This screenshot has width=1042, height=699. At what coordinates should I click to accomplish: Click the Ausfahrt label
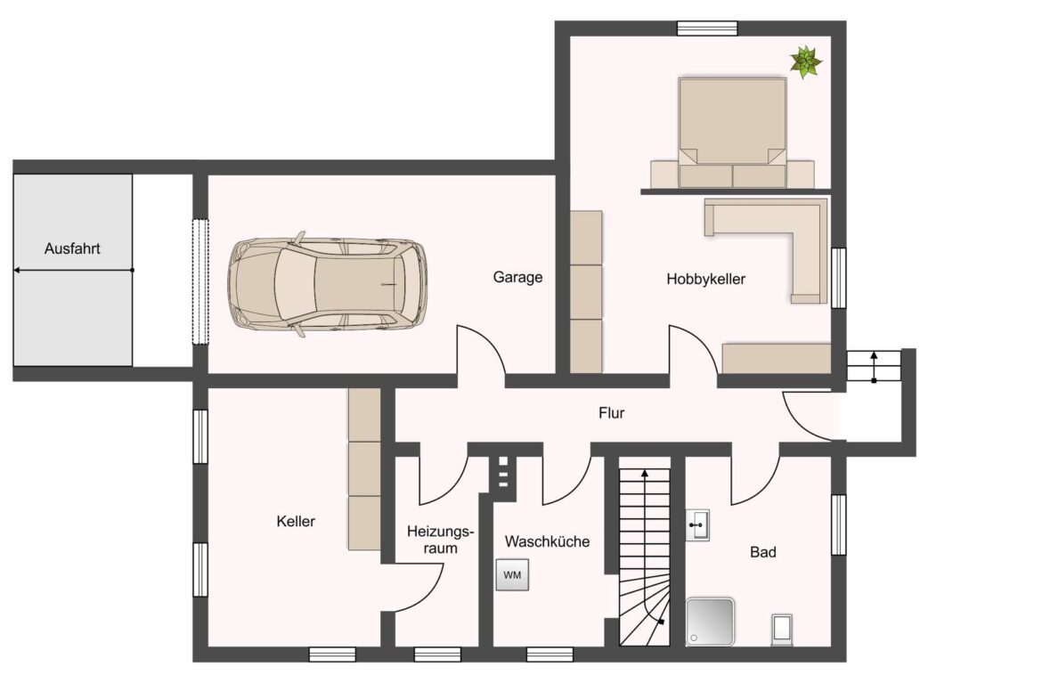[x=72, y=248]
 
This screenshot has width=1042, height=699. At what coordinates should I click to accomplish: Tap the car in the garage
[x=327, y=284]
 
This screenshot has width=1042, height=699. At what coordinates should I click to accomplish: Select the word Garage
[x=517, y=277]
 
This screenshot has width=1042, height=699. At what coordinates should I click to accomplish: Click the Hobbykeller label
[x=705, y=279]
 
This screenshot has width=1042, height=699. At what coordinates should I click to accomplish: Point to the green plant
[x=805, y=61]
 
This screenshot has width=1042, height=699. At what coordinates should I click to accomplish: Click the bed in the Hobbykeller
[x=732, y=132]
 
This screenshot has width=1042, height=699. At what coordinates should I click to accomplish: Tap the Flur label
[x=611, y=413]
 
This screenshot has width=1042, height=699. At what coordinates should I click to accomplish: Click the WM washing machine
[x=512, y=574]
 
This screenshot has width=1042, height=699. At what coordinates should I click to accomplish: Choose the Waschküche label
[x=547, y=541]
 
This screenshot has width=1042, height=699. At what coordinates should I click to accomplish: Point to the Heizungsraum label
[x=441, y=540]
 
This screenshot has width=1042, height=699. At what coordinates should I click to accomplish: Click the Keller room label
[x=296, y=522]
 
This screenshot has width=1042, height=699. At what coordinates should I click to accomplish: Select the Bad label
[x=763, y=552]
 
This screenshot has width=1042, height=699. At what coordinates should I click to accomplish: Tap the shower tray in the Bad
[x=711, y=622]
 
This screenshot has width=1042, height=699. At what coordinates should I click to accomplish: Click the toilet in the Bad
[x=782, y=630]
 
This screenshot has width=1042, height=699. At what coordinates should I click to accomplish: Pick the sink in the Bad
[x=697, y=524]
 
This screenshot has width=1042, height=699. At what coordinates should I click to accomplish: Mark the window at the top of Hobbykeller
[x=707, y=28]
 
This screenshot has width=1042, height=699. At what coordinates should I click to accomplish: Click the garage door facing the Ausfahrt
[x=200, y=281]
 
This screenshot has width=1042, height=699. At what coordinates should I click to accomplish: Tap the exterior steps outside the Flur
[x=873, y=366]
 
